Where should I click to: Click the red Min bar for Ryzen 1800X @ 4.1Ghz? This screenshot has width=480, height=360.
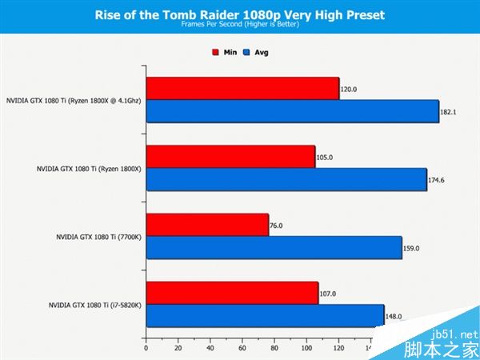tap(242, 89)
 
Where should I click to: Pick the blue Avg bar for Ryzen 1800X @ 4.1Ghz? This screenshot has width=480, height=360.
tap(292, 112)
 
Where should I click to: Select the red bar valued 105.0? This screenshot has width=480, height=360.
tap(230, 158)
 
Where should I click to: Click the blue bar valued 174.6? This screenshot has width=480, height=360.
tap(286, 180)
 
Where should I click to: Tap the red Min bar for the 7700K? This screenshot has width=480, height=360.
tap(206, 226)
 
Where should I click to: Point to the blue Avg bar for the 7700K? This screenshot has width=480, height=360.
tap(274, 248)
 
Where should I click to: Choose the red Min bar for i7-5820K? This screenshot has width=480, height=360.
tap(231, 294)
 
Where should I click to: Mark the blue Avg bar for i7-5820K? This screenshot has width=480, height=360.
tap(265, 316)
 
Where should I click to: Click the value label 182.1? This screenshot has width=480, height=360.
tap(449, 112)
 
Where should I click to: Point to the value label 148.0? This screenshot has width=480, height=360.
tap(394, 316)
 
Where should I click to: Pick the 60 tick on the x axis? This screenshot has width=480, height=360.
tap(242, 349)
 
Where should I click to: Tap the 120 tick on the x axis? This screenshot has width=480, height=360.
tap(338, 349)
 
